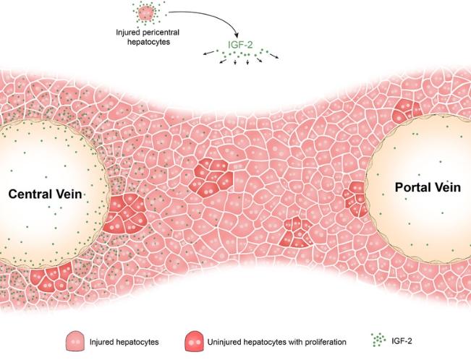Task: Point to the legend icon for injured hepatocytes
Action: tap(75, 339)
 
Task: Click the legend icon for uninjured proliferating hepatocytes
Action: tap(195, 339)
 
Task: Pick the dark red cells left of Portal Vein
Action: tap(356, 196)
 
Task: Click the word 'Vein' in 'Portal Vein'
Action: tap(446, 187)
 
